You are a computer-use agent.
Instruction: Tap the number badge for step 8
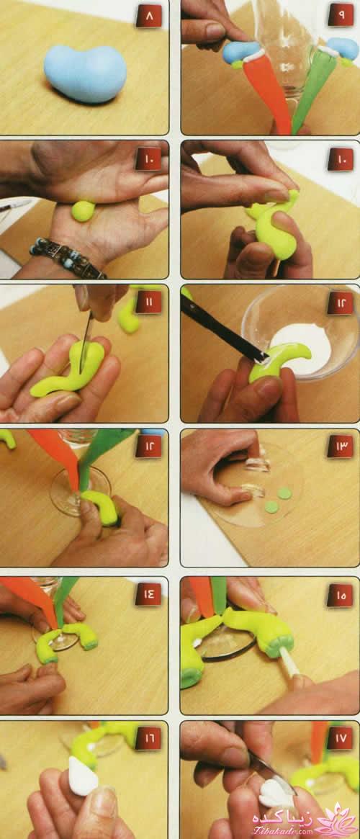pyautogui.click(x=149, y=16)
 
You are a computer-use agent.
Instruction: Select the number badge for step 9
pyautogui.click(x=341, y=16)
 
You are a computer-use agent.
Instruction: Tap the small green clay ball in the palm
pyautogui.click(x=83, y=211)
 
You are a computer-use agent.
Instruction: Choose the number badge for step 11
pyautogui.click(x=149, y=303)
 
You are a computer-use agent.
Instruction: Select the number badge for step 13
pyautogui.click(x=341, y=446)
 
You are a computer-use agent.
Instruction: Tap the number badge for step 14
pyautogui.click(x=149, y=594)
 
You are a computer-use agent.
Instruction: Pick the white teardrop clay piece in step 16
pyautogui.click(x=83, y=776)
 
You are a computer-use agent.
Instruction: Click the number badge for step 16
pyautogui.click(x=149, y=738)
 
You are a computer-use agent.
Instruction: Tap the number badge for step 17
pyautogui.click(x=341, y=738)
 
